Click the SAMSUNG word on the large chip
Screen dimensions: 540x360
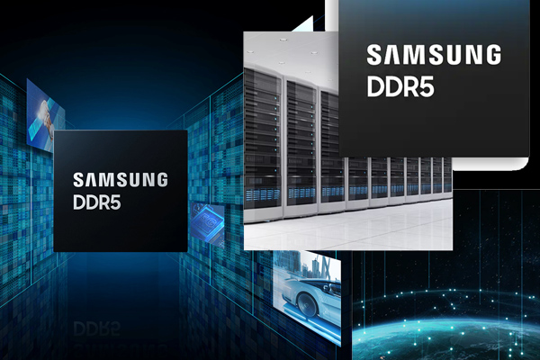point(434,55)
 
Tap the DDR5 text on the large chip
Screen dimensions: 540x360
point(400,85)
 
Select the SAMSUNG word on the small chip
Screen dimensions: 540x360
point(121,180)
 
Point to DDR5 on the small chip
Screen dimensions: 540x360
point(97,202)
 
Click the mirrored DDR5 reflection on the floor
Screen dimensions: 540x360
point(97,328)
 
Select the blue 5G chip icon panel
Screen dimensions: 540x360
point(208,224)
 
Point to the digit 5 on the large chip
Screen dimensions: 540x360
point(427,86)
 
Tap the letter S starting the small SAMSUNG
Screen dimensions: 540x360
point(78,180)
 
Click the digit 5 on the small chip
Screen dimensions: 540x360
point(116,202)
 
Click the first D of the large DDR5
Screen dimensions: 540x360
point(375,86)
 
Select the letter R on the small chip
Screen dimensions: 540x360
point(103,202)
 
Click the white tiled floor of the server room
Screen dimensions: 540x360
point(347,229)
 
